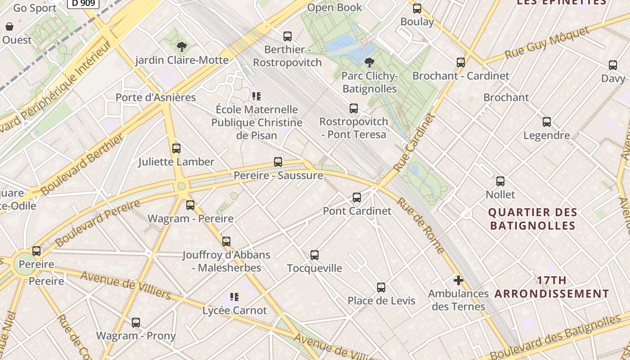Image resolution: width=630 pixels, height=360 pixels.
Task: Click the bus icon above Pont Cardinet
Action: (357, 197)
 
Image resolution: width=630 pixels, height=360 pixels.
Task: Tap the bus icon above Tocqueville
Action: (315, 255)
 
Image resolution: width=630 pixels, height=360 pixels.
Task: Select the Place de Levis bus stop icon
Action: (381, 288)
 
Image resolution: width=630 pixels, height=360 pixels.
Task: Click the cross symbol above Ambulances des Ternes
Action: (459, 281)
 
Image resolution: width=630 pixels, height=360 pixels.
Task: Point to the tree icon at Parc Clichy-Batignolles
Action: (369, 63)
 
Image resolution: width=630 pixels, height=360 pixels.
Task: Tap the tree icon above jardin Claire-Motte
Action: (182, 47)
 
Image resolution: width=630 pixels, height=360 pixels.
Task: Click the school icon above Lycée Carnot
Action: (234, 297)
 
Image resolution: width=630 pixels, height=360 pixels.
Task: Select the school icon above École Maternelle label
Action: (256, 96)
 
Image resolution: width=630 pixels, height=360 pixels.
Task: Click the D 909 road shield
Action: (83, 4)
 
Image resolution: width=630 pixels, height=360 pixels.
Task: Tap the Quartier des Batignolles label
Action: (532, 219)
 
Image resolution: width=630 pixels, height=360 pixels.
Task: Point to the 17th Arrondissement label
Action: (552, 287)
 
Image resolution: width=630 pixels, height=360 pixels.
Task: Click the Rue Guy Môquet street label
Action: (547, 43)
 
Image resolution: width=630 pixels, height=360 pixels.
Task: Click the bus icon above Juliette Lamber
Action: (176, 148)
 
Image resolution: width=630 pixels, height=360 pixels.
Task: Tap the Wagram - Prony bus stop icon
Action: (136, 323)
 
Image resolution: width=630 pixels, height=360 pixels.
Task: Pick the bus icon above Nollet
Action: (500, 181)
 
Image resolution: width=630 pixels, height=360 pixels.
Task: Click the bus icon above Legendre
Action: (547, 122)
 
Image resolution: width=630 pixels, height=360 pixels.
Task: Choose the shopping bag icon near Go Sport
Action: (9, 27)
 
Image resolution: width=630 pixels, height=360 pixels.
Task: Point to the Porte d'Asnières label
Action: (156, 98)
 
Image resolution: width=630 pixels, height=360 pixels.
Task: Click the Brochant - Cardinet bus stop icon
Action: (461, 63)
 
